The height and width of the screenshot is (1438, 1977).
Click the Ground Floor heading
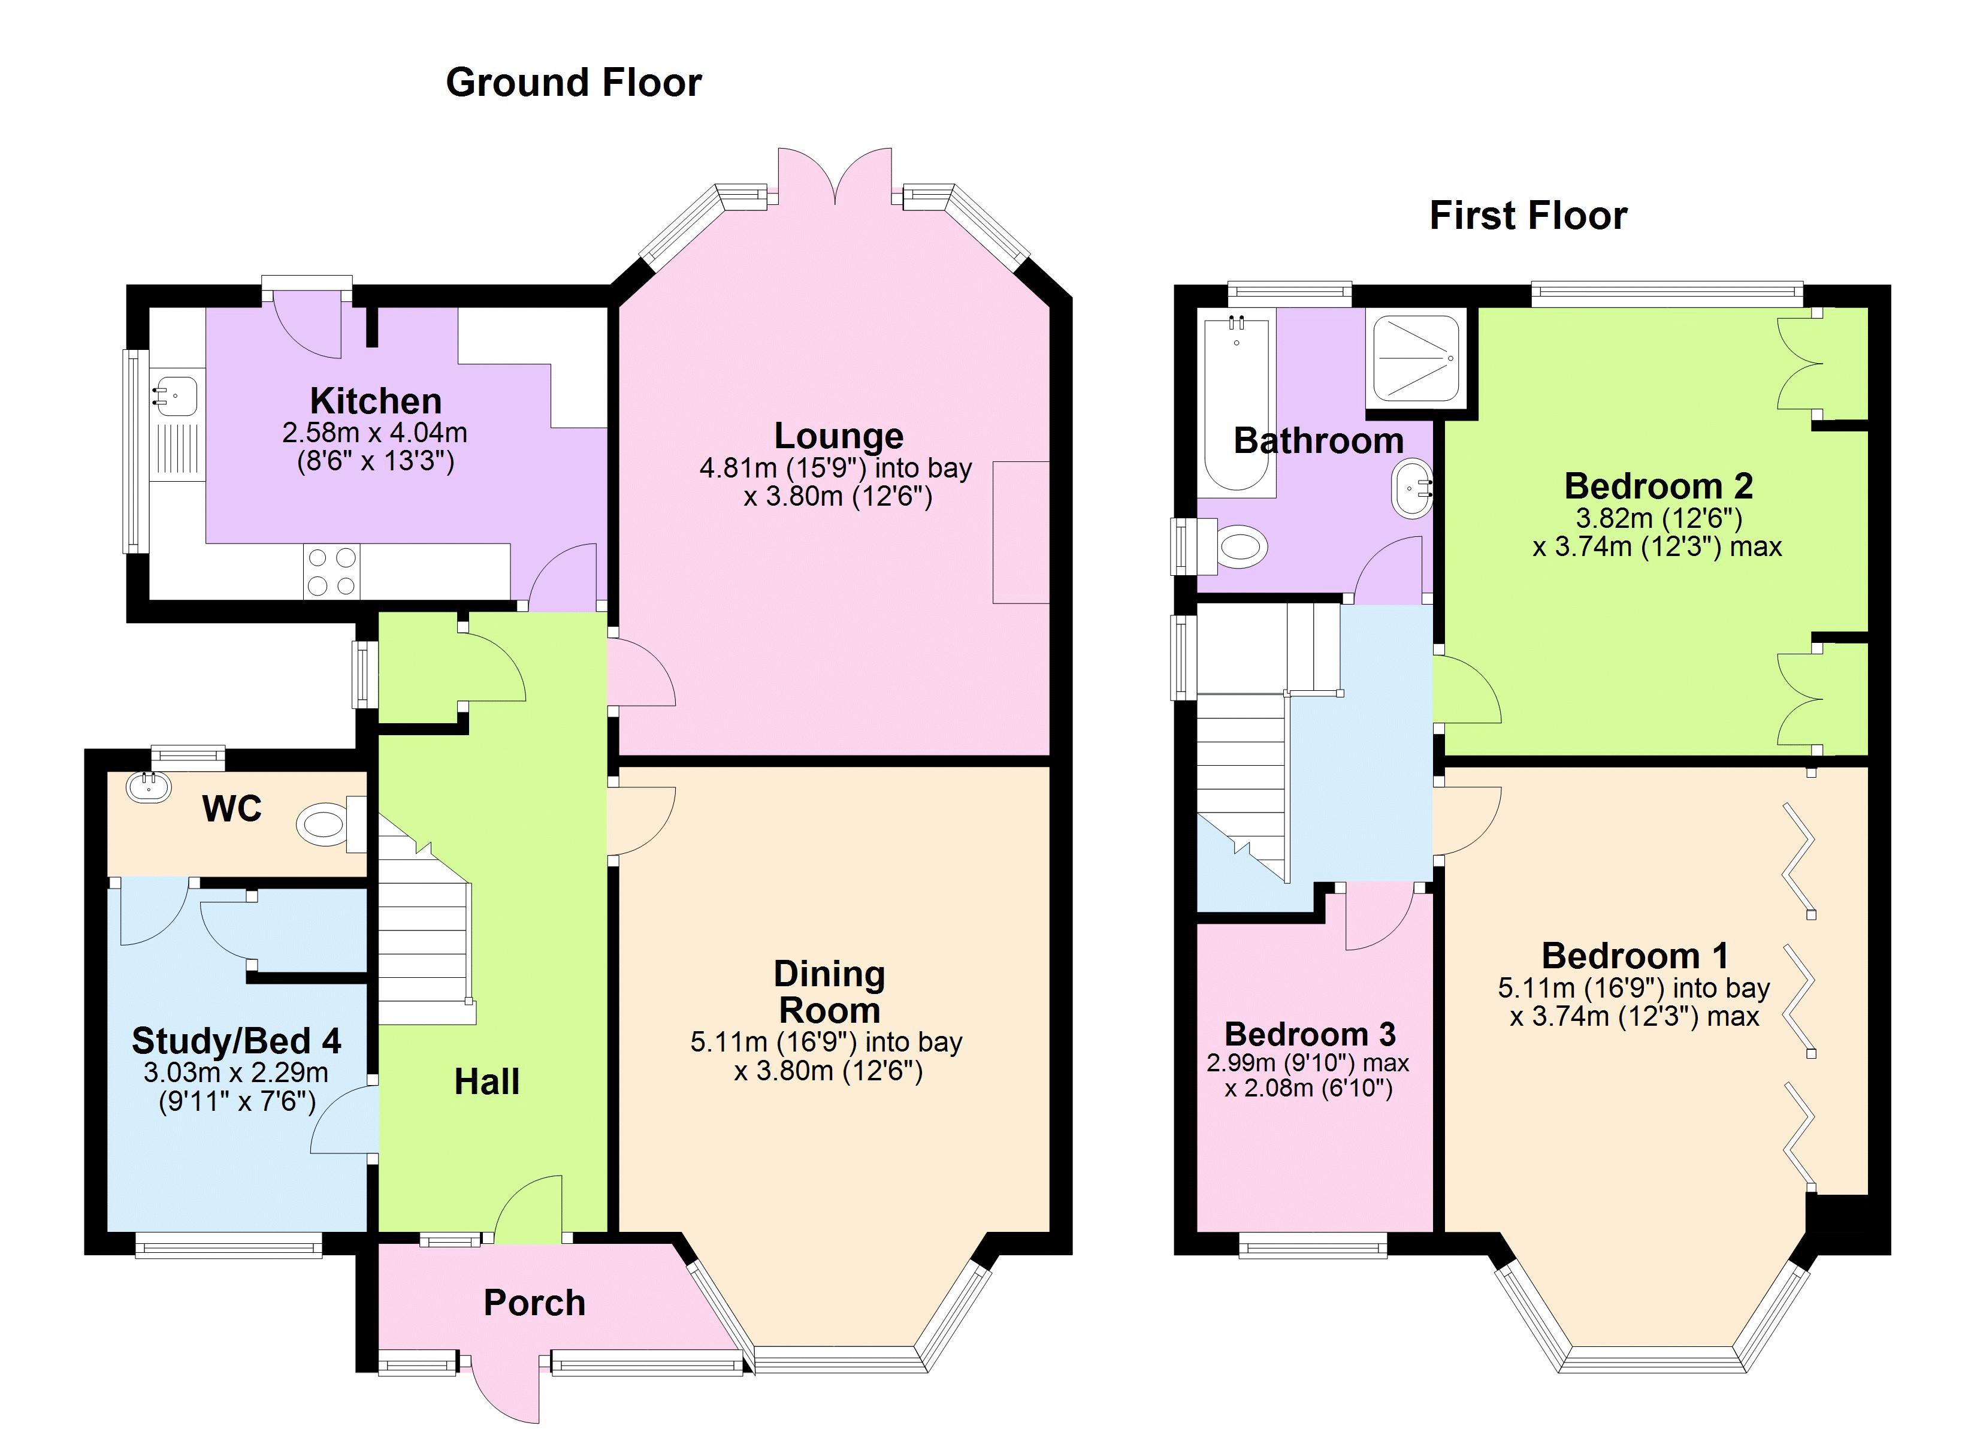[x=573, y=83]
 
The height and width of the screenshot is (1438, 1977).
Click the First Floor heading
[x=1528, y=215]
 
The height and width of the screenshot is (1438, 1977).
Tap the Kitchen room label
[x=376, y=401]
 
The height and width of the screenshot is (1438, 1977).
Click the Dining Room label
[x=829, y=992]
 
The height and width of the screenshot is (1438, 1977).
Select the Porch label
[x=534, y=1303]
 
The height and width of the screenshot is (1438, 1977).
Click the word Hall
[x=486, y=1082]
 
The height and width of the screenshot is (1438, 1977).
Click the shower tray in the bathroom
[x=1421, y=359]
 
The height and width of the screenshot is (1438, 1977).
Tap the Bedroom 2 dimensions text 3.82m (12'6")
[x=1659, y=519]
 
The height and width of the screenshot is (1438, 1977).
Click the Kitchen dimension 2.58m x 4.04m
[x=375, y=433]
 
